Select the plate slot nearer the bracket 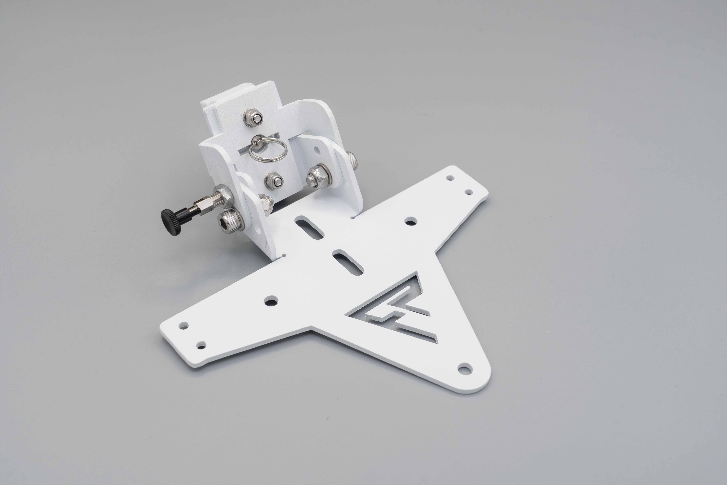click(x=309, y=228)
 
